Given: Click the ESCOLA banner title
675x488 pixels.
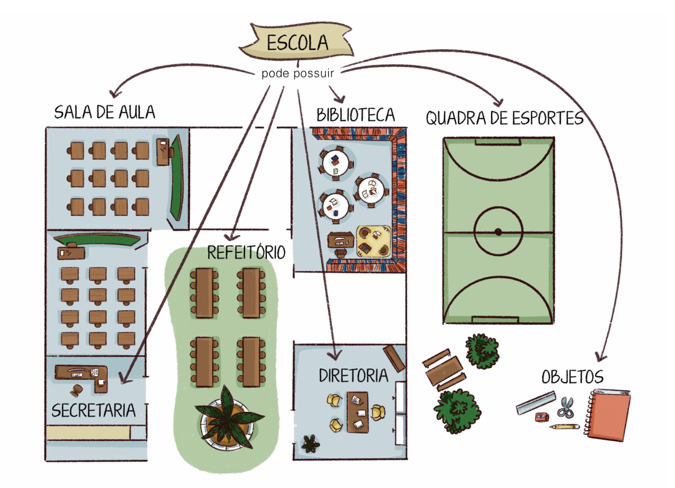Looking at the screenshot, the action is click(297, 42).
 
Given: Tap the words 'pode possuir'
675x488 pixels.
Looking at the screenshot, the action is click(297, 73).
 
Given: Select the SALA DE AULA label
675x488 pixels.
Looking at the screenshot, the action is click(105, 112).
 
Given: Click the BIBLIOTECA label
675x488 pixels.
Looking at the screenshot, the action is click(356, 114).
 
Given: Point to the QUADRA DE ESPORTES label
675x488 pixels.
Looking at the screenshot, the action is click(504, 118).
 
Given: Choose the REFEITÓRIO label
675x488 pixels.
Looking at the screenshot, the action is click(246, 252).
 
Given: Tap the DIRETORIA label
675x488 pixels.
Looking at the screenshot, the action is click(353, 375).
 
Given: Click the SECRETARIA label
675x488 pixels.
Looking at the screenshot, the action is click(93, 410).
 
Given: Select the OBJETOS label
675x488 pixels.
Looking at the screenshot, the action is click(572, 377).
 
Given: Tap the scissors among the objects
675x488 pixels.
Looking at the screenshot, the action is click(566, 407).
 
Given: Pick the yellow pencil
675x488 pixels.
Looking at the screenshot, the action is click(564, 427).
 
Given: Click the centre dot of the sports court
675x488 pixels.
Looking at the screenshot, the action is click(498, 232).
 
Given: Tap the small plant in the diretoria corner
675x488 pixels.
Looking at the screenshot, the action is click(310, 443).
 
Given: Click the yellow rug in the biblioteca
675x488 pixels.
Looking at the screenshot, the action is click(374, 240).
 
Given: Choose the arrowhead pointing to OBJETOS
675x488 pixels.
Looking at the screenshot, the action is click(601, 357).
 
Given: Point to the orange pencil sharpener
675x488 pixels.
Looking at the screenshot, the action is click(542, 417).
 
